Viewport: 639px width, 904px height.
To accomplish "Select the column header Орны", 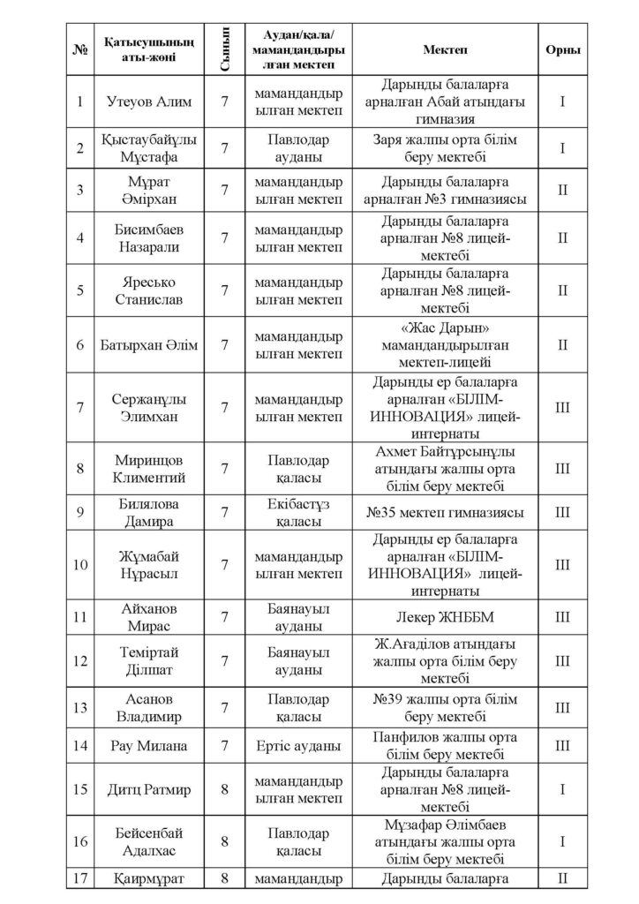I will pyautogui.click(x=562, y=49).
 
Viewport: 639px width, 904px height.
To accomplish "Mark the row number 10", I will pyautogui.click(x=80, y=563).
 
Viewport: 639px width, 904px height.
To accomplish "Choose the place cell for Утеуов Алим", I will pyautogui.click(x=562, y=101).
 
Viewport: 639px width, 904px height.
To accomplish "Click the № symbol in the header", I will pyautogui.click(x=80, y=49).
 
